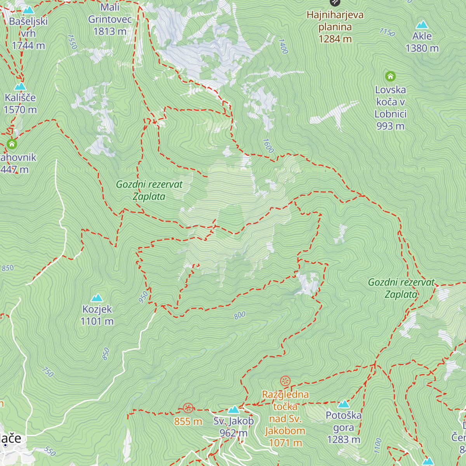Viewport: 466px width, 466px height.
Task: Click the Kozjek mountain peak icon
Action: [x=97, y=298]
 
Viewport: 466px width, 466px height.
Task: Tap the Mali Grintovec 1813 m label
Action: [x=110, y=19]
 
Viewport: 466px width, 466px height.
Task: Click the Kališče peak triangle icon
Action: [x=20, y=86]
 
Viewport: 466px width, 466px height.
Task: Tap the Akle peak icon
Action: [x=422, y=25]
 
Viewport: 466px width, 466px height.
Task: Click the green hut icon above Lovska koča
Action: [x=390, y=76]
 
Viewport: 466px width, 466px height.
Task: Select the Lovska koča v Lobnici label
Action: [x=390, y=108]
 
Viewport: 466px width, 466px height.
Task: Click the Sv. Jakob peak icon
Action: [x=233, y=410]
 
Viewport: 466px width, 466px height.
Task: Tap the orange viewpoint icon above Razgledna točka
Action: [x=285, y=381]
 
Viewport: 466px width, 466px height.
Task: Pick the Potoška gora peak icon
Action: [x=344, y=404]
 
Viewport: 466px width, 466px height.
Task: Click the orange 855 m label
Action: [x=188, y=421]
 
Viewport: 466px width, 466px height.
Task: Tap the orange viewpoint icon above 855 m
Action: [x=188, y=408]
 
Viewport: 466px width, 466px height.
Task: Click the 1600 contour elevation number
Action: [x=268, y=146]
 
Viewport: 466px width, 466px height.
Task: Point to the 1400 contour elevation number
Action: [x=283, y=46]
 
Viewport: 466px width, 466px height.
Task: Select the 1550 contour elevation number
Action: [x=72, y=42]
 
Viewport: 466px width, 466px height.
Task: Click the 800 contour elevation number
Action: [x=240, y=315]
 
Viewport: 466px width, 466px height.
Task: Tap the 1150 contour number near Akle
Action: [x=387, y=32]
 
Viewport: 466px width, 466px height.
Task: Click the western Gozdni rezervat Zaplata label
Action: [x=149, y=190]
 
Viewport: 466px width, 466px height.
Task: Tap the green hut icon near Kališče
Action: [x=12, y=144]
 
